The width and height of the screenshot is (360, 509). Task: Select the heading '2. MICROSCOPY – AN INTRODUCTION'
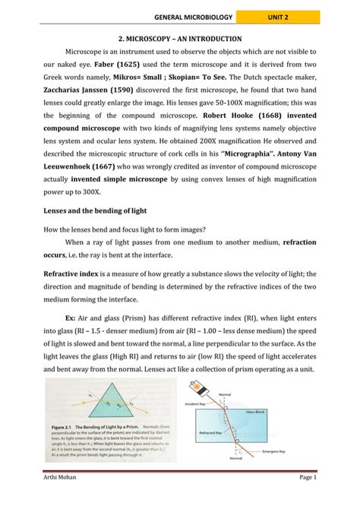(180, 38)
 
